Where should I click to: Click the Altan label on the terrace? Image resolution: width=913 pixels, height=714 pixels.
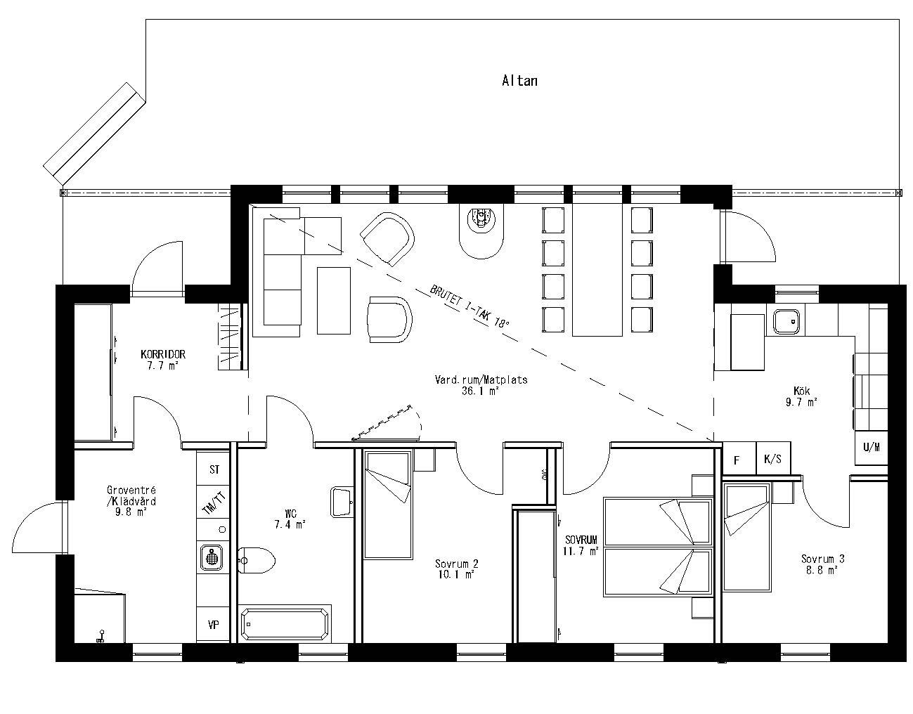[x=519, y=81]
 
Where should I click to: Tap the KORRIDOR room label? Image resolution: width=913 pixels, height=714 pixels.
[x=162, y=355]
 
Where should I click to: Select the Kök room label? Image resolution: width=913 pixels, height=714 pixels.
[x=801, y=391]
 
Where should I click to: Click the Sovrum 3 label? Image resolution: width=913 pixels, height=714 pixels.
[x=822, y=559]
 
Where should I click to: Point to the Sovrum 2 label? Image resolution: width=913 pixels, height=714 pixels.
[x=456, y=564]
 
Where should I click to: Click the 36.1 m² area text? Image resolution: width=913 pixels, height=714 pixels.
[x=481, y=391]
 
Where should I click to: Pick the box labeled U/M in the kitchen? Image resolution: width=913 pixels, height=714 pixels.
[x=871, y=447]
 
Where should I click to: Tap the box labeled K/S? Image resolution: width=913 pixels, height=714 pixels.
[x=772, y=460]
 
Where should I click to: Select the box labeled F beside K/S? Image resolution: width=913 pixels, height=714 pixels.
[x=737, y=460]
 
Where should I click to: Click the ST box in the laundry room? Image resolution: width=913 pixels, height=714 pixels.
[x=214, y=469]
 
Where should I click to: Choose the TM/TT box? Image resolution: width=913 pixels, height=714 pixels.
[x=214, y=503]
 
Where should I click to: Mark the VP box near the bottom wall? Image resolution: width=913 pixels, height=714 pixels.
[x=213, y=625]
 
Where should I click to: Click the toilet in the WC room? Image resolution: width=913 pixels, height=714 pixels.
[x=256, y=560]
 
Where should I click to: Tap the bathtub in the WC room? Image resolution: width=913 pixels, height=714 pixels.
[x=285, y=623]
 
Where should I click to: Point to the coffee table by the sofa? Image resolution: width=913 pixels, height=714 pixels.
[x=333, y=300]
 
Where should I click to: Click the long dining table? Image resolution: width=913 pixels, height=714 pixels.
[x=597, y=270]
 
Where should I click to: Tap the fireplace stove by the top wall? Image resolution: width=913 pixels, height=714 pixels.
[x=481, y=230]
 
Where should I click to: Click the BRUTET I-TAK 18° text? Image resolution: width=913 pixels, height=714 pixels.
[x=469, y=306]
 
